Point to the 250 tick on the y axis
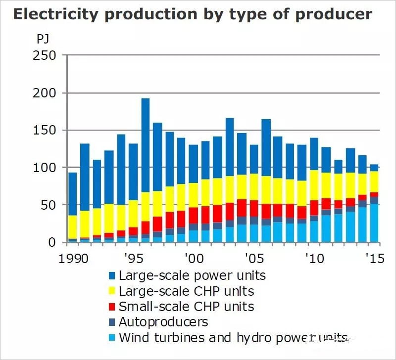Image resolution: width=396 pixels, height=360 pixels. click(46, 55)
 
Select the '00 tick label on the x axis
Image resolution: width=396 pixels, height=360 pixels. click(194, 259)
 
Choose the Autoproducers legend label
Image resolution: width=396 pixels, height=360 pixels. click(163, 322)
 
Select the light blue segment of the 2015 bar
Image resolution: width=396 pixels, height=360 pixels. click(375, 223)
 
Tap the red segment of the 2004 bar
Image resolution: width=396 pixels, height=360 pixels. click(242, 208)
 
